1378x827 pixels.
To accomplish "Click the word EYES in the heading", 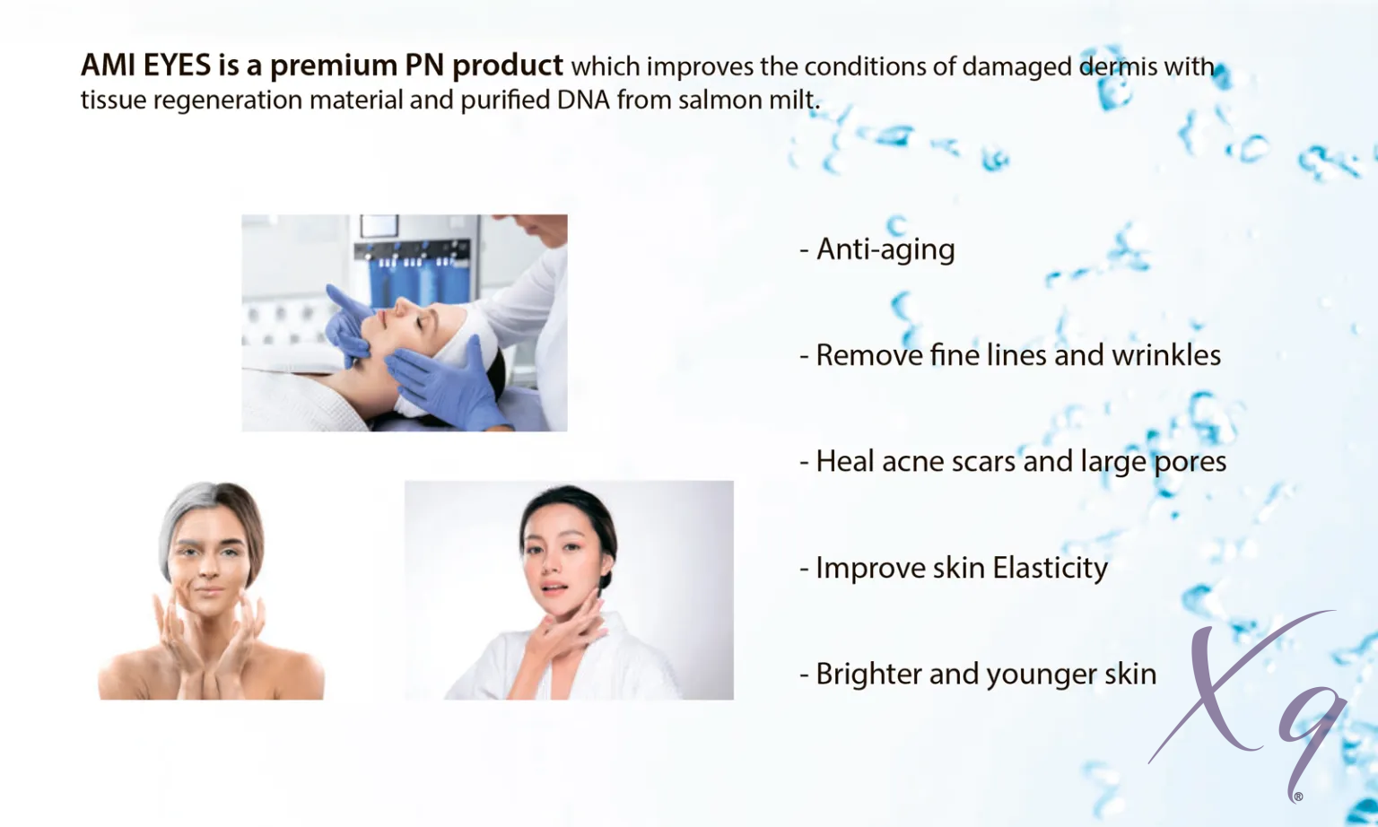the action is (x=177, y=65).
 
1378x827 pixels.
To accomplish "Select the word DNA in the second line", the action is (x=583, y=100).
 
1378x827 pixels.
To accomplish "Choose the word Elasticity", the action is (x=1050, y=568).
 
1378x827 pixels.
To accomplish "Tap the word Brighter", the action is (x=868, y=675).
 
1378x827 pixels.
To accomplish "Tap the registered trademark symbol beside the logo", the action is (x=1299, y=797).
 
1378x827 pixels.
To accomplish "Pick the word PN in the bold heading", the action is (x=424, y=65).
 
